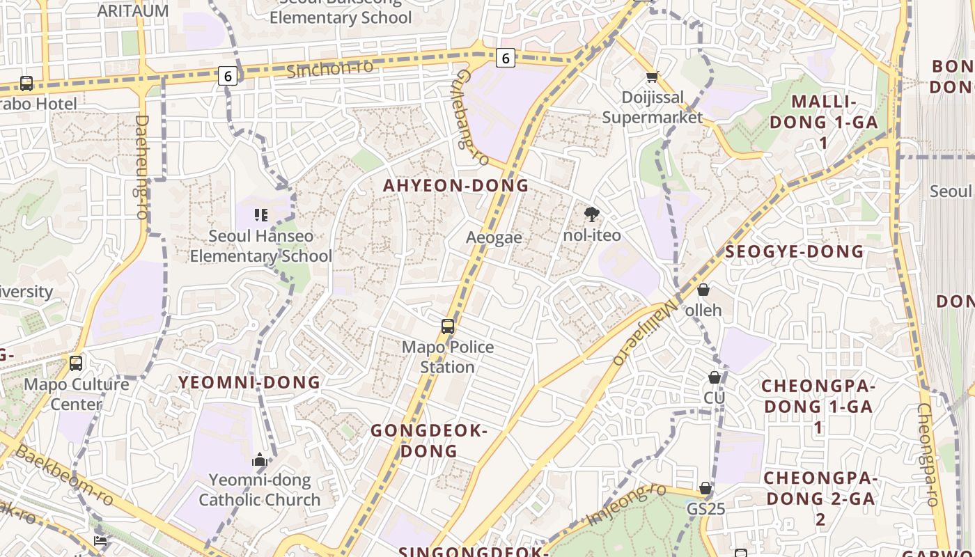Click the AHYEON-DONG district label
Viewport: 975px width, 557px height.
pyautogui.click(x=455, y=186)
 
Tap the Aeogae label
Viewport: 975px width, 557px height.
pyautogui.click(x=494, y=237)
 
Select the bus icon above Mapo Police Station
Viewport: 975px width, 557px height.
pyautogui.click(x=448, y=326)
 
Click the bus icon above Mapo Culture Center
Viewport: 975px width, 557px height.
pyautogui.click(x=76, y=363)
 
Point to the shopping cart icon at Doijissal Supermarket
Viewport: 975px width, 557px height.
pyautogui.click(x=652, y=77)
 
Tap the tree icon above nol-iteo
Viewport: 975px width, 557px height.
pyautogui.click(x=592, y=214)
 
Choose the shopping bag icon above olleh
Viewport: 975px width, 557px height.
pyautogui.click(x=703, y=290)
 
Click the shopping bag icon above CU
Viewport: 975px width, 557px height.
pyautogui.click(x=715, y=377)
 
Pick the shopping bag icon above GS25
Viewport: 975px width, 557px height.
pyautogui.click(x=705, y=488)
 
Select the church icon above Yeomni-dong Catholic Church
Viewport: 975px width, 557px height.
pyautogui.click(x=260, y=460)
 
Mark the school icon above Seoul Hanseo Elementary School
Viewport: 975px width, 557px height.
pyautogui.click(x=261, y=215)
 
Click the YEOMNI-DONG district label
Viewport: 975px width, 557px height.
pyautogui.click(x=249, y=382)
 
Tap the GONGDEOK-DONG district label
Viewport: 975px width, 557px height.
pyautogui.click(x=428, y=441)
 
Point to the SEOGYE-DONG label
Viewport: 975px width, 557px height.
pyautogui.click(x=794, y=251)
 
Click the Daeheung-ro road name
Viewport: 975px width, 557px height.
pyautogui.click(x=142, y=167)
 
